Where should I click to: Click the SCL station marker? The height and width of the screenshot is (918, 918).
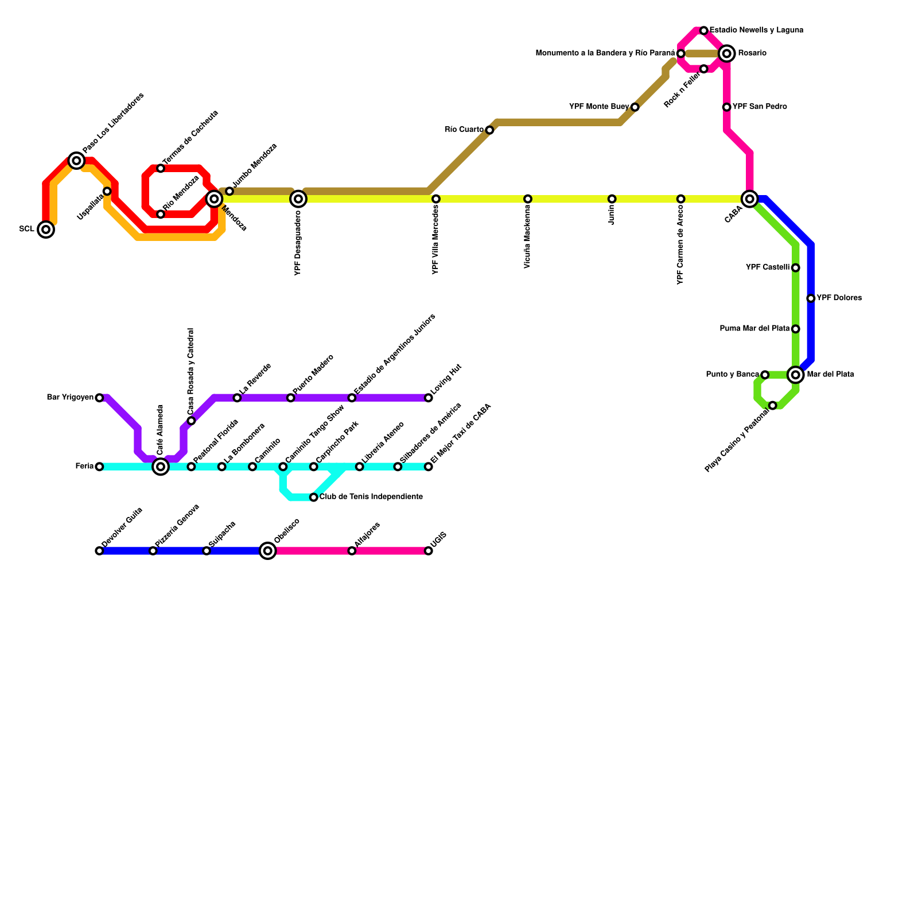pos(46,229)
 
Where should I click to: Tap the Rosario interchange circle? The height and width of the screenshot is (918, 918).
pos(727,54)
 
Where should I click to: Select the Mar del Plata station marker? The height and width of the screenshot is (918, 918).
pos(795,375)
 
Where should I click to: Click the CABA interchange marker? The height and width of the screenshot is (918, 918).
pos(749,199)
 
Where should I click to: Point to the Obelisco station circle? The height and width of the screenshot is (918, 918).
pos(267,551)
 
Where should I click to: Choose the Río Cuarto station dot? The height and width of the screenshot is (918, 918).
pos(489,130)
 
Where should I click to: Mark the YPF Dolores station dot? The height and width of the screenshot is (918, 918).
pos(811,298)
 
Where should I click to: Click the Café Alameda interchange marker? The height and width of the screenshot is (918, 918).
pos(161,467)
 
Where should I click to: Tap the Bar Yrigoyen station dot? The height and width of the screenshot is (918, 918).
pos(99,398)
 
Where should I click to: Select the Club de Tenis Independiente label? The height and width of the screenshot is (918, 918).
pos(371,497)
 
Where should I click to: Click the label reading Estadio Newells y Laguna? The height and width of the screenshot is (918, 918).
pos(756,30)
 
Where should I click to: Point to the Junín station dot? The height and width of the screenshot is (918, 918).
pos(612,199)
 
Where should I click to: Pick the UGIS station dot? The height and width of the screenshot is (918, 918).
pos(429,551)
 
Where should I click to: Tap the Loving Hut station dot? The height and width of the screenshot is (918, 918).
pos(429,398)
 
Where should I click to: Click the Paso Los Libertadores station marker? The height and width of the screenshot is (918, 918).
pos(76,161)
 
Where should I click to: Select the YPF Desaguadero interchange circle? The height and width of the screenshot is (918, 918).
pos(298,199)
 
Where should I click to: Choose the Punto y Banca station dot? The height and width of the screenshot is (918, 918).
pos(765,375)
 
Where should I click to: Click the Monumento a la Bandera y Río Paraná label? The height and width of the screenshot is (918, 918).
pos(605,53)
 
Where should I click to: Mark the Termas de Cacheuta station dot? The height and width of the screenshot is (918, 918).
pos(161,169)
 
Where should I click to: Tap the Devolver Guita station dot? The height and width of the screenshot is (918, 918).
pos(99,551)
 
